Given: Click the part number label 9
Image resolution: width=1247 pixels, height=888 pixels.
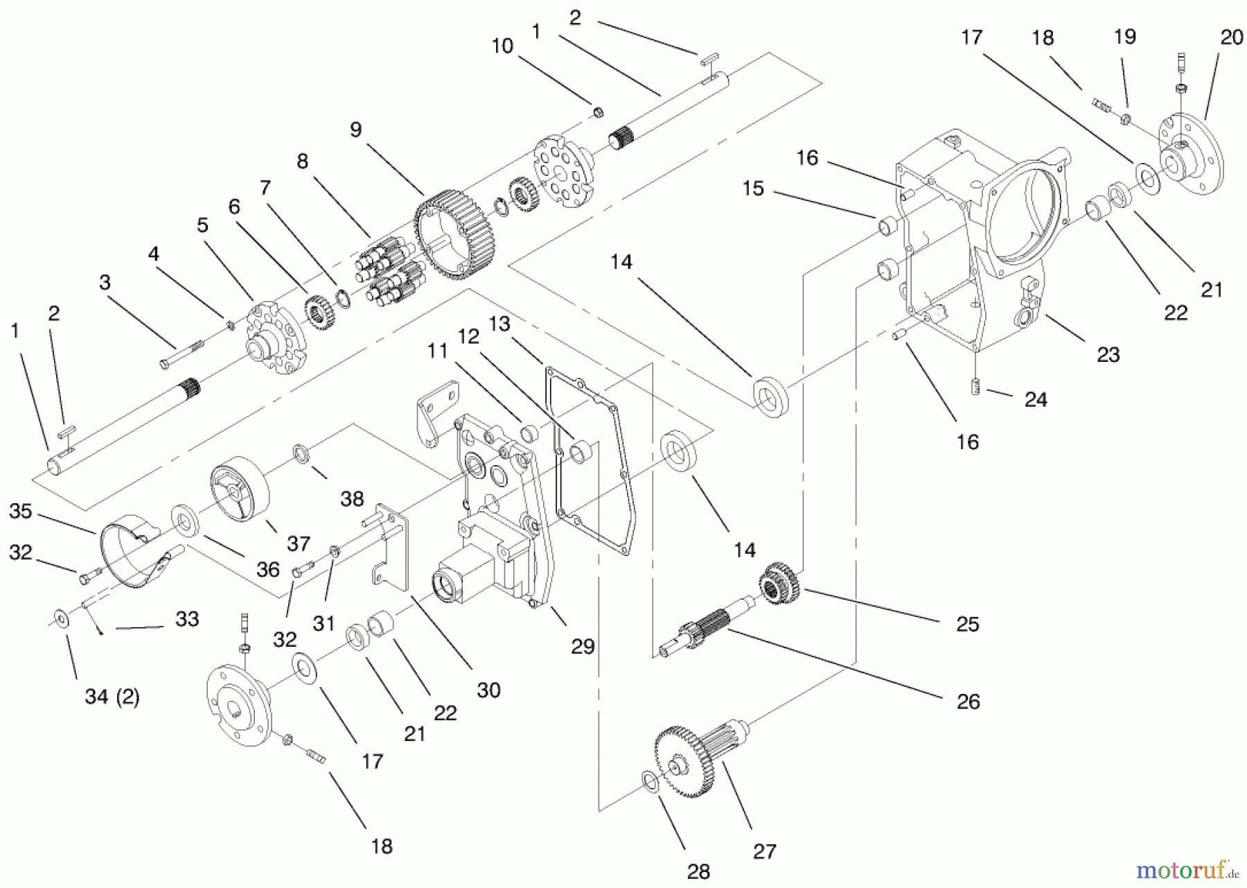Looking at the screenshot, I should [355, 130].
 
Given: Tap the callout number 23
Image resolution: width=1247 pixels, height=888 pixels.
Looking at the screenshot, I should [1108, 355].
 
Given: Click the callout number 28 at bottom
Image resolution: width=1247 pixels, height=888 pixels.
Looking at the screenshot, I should [698, 870].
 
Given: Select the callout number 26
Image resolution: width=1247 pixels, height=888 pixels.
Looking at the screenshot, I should [968, 702].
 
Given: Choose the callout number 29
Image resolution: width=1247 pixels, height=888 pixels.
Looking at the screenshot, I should [583, 646].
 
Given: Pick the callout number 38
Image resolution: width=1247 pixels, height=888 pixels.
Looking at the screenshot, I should [352, 498].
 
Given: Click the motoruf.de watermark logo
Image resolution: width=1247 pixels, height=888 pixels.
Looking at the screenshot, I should [1187, 867].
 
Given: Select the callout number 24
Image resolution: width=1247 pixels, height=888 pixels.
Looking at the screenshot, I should [1035, 399].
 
